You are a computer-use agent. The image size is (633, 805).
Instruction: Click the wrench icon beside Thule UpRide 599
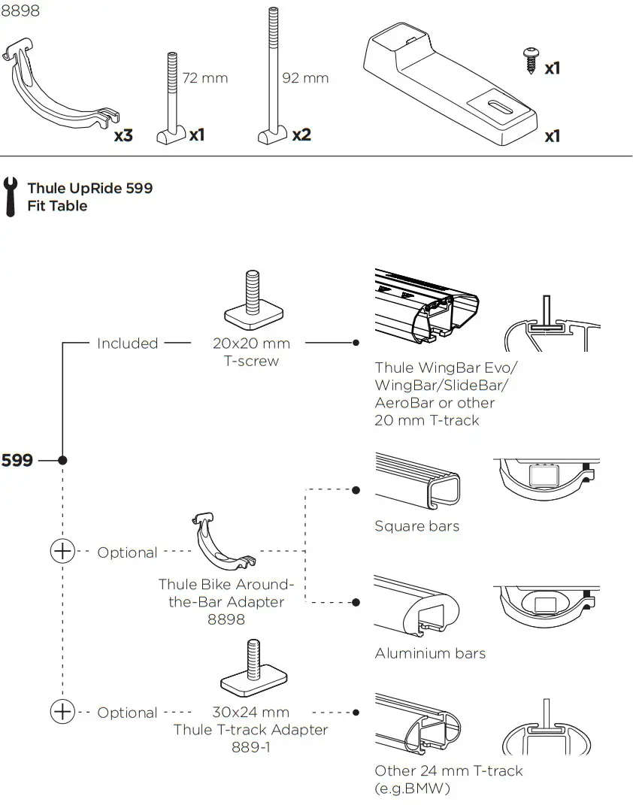click(11, 196)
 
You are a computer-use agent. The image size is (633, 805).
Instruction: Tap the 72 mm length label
click(204, 78)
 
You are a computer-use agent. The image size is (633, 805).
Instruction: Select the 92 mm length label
click(304, 78)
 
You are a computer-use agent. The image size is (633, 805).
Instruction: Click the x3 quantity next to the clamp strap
click(123, 136)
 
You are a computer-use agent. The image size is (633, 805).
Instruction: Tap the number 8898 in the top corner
click(20, 11)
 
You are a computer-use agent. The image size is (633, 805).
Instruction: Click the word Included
click(127, 343)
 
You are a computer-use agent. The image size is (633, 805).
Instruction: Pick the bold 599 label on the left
click(17, 460)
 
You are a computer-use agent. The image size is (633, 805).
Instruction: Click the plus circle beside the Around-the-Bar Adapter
click(62, 552)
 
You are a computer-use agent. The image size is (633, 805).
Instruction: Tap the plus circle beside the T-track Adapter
click(62, 711)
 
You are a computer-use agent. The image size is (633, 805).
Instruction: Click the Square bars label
click(416, 526)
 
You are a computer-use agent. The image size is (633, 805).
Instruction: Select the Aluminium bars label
click(430, 653)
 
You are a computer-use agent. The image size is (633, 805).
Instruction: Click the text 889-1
click(250, 747)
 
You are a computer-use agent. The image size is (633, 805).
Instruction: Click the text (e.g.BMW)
click(412, 788)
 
